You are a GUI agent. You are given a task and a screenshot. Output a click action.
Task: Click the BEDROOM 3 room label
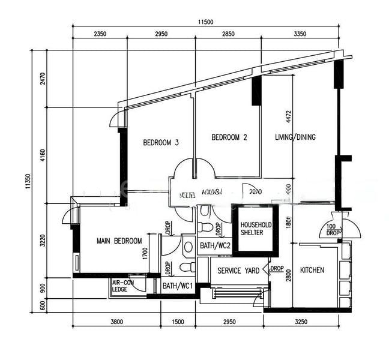coord(161,143)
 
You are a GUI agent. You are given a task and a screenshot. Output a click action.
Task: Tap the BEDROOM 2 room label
coord(229,137)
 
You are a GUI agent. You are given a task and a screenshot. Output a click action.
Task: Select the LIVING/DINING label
coord(295,137)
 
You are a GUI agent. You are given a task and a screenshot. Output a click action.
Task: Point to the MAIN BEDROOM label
coord(119,241)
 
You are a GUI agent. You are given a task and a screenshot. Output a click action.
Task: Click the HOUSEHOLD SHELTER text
coord(256,229)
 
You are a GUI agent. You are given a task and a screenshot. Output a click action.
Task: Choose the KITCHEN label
coord(312,270)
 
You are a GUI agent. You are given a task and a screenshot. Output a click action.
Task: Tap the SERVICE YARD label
coord(238,271)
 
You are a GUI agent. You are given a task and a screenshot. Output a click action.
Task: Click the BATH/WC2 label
coord(216,245)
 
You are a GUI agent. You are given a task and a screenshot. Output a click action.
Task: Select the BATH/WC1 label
coord(177,286)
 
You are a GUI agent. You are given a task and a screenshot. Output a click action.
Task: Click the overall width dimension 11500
coord(205,22)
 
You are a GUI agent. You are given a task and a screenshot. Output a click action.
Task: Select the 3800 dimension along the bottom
coord(116,322)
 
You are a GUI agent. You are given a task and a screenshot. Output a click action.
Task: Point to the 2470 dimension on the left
coord(43,79)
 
